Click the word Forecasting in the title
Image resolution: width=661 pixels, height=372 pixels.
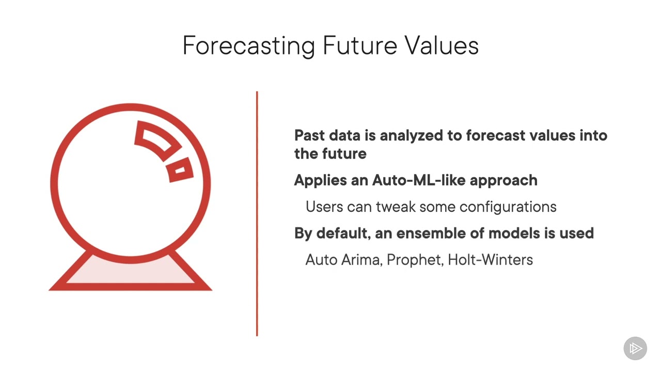click(x=248, y=45)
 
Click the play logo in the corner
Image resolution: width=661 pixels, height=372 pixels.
click(x=635, y=348)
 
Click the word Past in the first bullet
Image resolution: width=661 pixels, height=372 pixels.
click(x=310, y=135)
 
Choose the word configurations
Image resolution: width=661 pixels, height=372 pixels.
click(x=508, y=207)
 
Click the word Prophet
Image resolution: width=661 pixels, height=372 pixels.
click(x=415, y=259)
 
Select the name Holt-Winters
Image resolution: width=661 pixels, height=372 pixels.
click(x=490, y=259)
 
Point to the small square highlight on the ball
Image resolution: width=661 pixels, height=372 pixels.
click(x=180, y=172)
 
